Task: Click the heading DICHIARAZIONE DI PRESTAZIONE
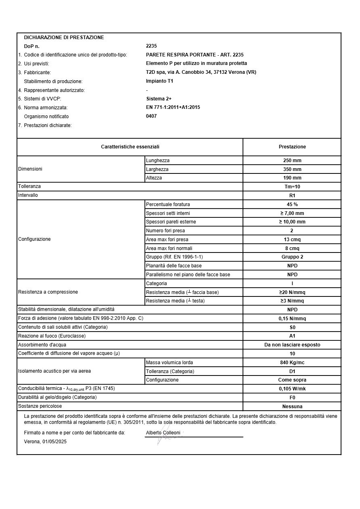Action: coord(64,38)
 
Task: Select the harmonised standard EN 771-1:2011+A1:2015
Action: coord(173,107)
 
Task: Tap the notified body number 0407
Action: coord(151,116)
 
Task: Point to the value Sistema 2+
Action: coord(159,99)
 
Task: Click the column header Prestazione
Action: coord(292,147)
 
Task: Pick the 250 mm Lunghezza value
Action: coord(292,161)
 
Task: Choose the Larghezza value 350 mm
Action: coord(292,169)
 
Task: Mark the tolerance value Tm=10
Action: coord(292,187)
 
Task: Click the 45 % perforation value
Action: coord(292,204)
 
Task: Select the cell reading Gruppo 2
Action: coord(292,257)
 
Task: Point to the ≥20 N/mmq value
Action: coord(292,292)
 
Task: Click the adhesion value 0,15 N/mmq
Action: coord(292,319)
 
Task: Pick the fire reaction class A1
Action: coord(292,336)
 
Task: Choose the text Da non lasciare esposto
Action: coord(292,345)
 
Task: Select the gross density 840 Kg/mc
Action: coord(292,363)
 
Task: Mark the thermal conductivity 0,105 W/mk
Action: coord(292,389)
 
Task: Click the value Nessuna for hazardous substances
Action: coord(292,407)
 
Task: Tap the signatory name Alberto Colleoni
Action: coord(163,433)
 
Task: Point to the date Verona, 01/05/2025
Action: coord(45,442)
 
